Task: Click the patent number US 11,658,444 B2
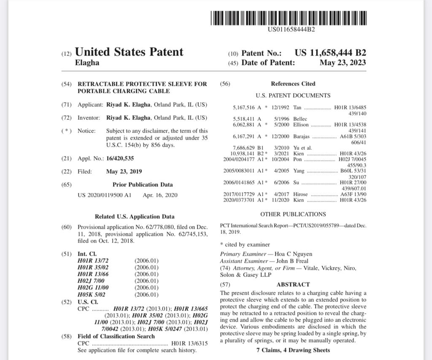coord(330,53)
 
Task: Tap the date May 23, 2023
coord(343,63)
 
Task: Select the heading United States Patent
coord(129,52)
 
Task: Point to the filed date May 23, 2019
coord(124,171)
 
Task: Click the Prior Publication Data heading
coord(143,184)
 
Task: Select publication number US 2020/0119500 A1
coord(105,195)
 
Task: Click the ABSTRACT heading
coord(293,284)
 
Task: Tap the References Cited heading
coord(293,84)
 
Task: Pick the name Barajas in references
coord(301,136)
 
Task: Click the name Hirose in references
coord(300,194)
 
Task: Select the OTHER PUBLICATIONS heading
coord(293,214)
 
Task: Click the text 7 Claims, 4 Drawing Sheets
coord(293,350)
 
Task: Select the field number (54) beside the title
coord(67,84)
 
